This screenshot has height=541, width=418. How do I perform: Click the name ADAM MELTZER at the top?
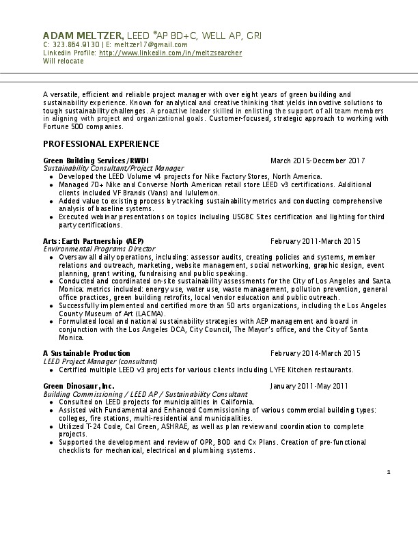click(x=83, y=35)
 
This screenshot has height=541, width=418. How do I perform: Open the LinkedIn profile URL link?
click(x=170, y=53)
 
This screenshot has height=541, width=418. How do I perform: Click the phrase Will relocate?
click(x=64, y=61)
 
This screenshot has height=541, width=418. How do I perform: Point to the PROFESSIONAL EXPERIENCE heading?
click(x=101, y=144)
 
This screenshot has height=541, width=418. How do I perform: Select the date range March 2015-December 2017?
click(x=317, y=161)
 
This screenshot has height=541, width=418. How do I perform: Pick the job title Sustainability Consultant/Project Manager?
click(x=113, y=168)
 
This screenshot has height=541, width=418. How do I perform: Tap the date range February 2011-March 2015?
click(x=315, y=241)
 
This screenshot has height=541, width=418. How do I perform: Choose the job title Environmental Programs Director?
click(x=100, y=249)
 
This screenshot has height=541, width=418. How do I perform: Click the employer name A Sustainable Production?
click(x=87, y=353)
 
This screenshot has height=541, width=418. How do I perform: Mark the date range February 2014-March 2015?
click(x=315, y=353)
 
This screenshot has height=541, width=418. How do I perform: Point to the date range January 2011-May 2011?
click(x=309, y=386)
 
